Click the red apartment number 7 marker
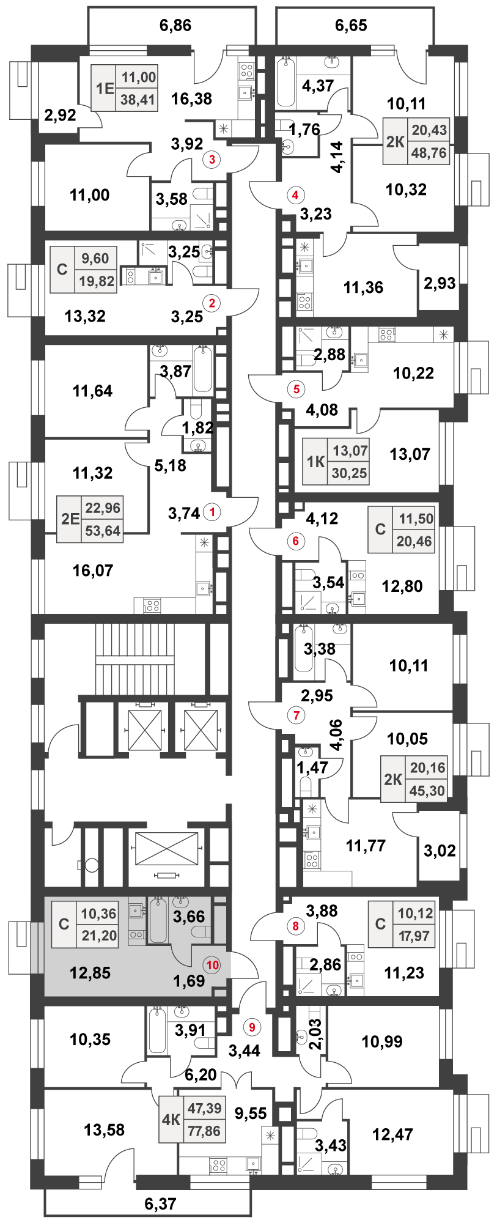click(296, 715)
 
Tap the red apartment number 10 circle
click(212, 965)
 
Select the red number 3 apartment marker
click(212, 160)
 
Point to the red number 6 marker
click(296, 541)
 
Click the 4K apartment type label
click(171, 1120)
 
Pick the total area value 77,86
click(204, 1131)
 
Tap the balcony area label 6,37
click(160, 1203)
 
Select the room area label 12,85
click(90, 973)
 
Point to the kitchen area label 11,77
click(366, 846)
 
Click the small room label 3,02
click(440, 850)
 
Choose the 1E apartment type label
click(105, 89)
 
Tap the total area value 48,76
click(429, 153)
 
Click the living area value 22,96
click(103, 508)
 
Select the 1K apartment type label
click(315, 462)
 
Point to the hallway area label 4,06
click(336, 734)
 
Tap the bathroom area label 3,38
click(319, 649)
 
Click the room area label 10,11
click(408, 665)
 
